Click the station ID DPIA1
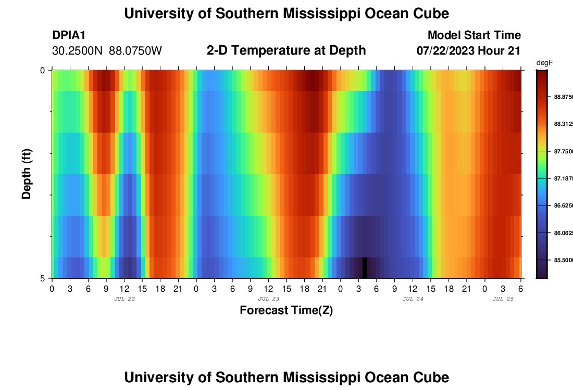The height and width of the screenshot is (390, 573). tap(69, 35)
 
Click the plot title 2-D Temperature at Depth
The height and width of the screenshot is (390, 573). tap(286, 50)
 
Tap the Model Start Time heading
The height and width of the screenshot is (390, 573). tap(474, 35)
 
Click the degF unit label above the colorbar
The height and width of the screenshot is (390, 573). tap(544, 62)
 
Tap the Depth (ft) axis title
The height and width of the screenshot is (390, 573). tap(27, 173)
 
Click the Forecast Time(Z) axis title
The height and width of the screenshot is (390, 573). tap(286, 310)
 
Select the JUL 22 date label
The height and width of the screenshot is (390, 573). tap(124, 299)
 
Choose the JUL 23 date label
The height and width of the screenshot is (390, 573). tap(268, 299)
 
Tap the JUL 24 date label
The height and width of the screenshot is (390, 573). tap(413, 299)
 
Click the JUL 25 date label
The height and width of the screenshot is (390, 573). tap(503, 299)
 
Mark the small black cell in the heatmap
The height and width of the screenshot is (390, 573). tap(365, 267)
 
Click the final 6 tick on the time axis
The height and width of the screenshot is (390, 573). tap(520, 288)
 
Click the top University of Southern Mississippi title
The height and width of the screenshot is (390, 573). tap(286, 14)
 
